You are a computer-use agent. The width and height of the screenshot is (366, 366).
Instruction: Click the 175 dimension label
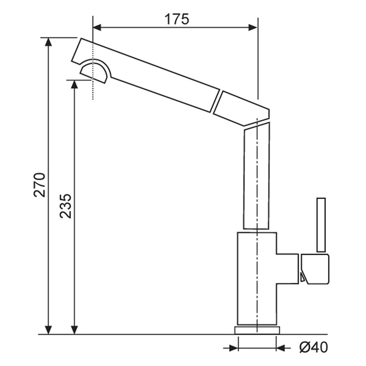(x=177, y=20)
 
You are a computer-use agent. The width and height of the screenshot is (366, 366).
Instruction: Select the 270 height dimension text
(x=40, y=185)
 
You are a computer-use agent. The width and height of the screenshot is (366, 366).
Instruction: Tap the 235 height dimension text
(x=65, y=206)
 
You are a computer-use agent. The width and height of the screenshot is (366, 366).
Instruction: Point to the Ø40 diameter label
(x=313, y=347)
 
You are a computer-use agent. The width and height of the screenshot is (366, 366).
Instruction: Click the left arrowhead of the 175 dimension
(x=97, y=27)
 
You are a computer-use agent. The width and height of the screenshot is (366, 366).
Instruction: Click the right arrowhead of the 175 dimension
(x=253, y=27)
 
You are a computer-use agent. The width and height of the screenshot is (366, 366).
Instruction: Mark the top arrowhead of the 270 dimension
(x=48, y=42)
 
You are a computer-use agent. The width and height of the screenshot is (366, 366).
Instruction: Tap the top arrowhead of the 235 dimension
(x=75, y=84)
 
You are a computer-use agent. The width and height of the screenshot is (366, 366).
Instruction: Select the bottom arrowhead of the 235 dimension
(x=75, y=330)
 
